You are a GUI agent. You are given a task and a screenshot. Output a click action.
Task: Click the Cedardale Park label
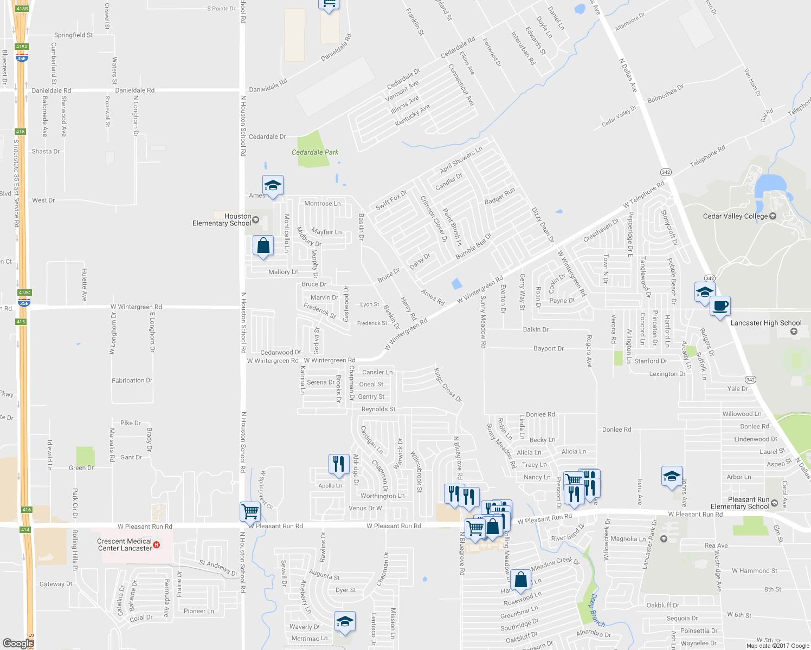coord(314,152)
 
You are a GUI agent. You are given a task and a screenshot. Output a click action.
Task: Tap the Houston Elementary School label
coord(222,219)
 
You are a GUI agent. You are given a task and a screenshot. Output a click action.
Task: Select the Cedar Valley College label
coord(735,216)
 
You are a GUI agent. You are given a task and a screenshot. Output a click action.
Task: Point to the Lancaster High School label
coord(765,323)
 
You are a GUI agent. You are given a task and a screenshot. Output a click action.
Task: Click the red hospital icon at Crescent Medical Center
coord(157,544)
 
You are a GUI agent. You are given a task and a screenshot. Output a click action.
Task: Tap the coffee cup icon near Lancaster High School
coord(720,307)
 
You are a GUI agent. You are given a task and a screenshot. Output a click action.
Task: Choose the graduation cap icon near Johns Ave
coord(672,477)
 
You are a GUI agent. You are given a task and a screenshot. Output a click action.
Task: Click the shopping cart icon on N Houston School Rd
coord(250,511)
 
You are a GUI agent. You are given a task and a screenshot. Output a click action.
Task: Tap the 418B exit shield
coord(22,9)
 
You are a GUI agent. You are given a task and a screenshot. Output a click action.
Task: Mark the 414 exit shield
coord(25,529)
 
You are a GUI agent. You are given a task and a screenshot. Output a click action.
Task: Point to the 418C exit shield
coord(24,292)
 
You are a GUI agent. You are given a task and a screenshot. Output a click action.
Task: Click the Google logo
coord(18,643)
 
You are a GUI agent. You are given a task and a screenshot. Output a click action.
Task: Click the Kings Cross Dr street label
coord(448,385)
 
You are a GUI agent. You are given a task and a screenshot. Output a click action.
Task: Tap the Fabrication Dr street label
coord(132,381)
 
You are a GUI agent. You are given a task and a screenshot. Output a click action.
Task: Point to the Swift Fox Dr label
coord(391,200)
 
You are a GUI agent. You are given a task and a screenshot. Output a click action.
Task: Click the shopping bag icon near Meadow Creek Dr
coord(520,580)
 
